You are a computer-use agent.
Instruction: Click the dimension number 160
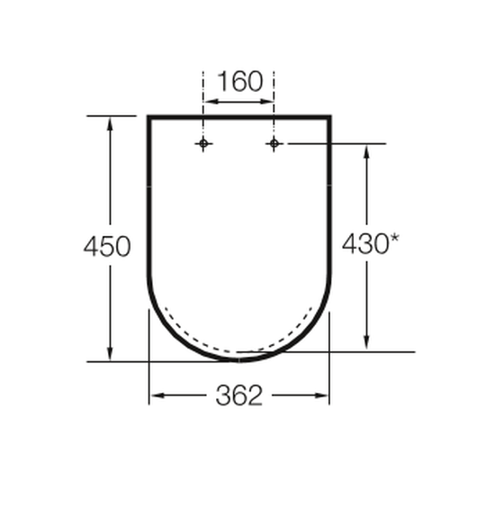coord(240,81)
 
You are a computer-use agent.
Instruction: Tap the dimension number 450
coord(107,246)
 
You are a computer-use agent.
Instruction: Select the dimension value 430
coord(365,244)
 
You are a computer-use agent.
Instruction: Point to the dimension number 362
coord(239,395)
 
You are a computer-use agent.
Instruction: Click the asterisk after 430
coord(394,239)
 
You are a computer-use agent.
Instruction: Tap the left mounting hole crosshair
coord(203,144)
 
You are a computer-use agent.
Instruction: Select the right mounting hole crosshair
coord(274,144)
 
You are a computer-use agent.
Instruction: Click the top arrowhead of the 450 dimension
coord(110,124)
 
